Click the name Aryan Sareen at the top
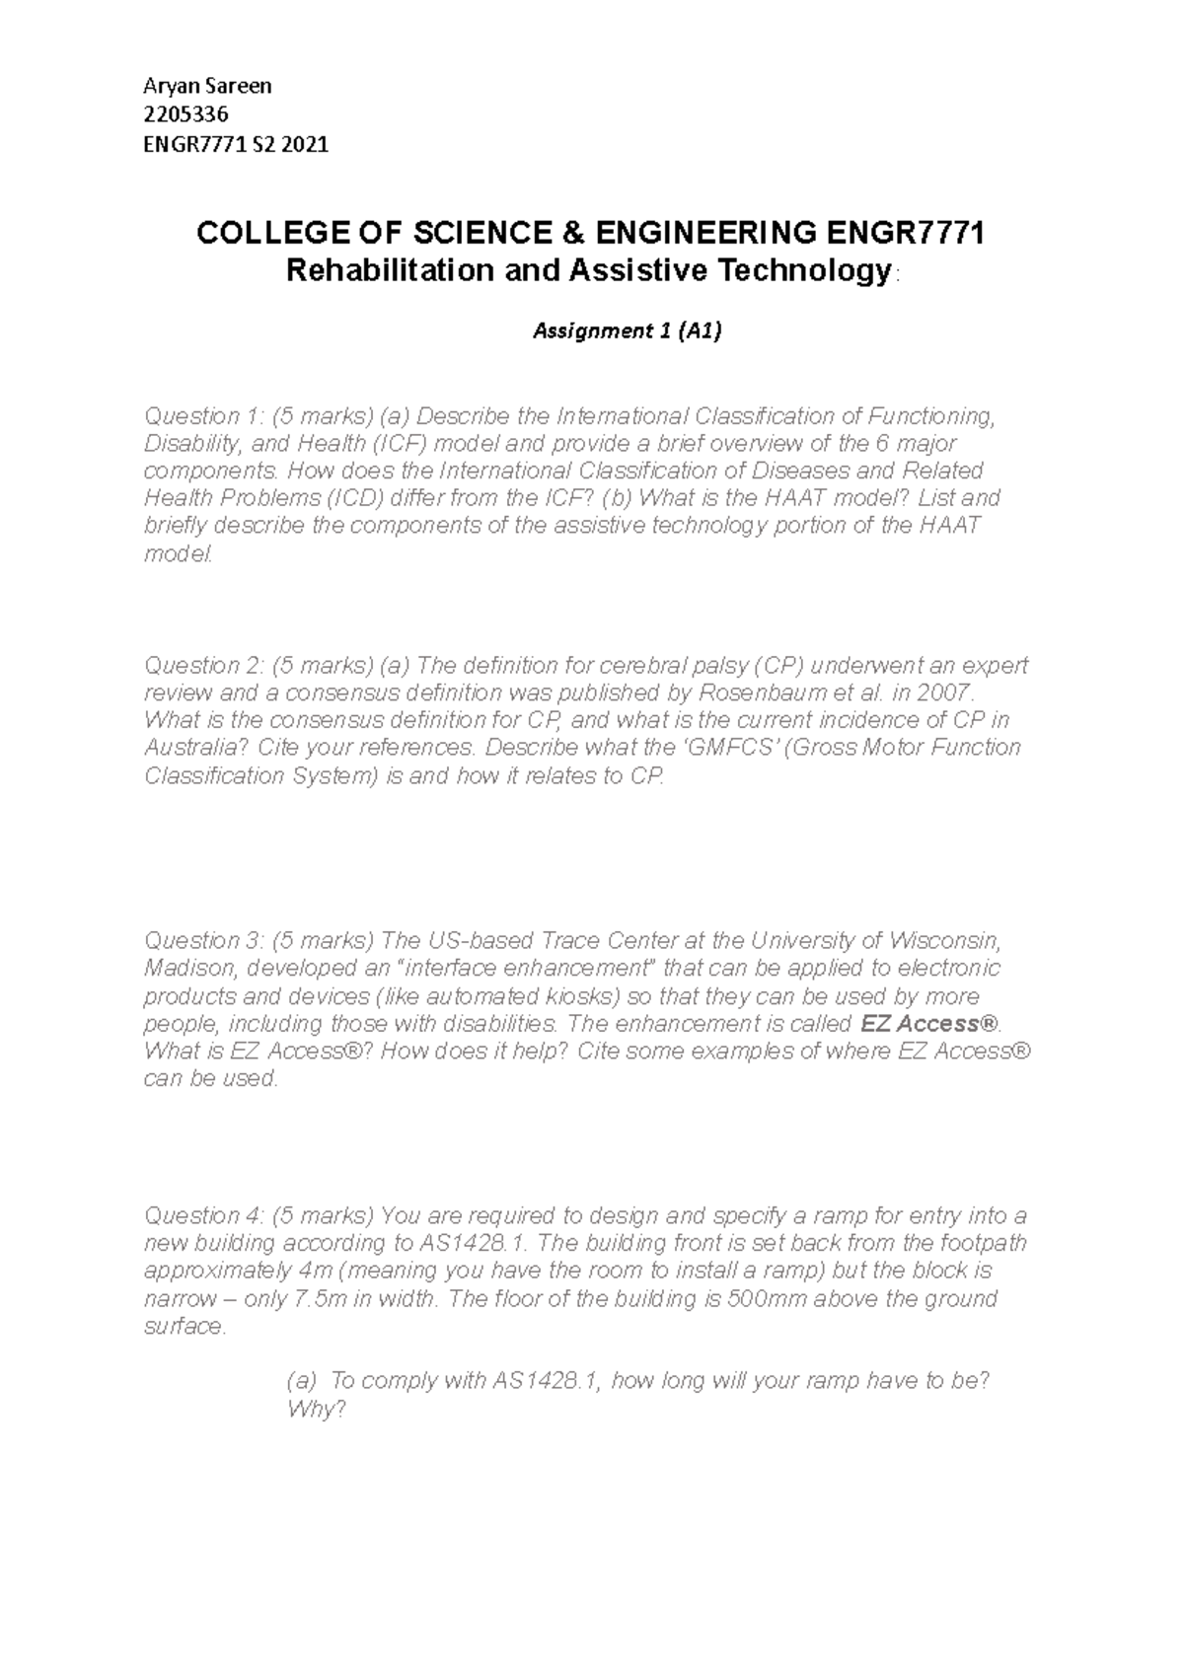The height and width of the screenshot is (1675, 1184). point(207,86)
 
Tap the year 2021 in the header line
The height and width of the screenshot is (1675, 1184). point(305,145)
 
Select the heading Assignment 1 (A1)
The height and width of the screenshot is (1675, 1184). point(627,331)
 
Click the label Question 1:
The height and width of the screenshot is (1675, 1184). point(203,415)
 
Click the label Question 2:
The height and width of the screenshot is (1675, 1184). point(203,665)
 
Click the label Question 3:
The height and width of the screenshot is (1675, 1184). point(203,939)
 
